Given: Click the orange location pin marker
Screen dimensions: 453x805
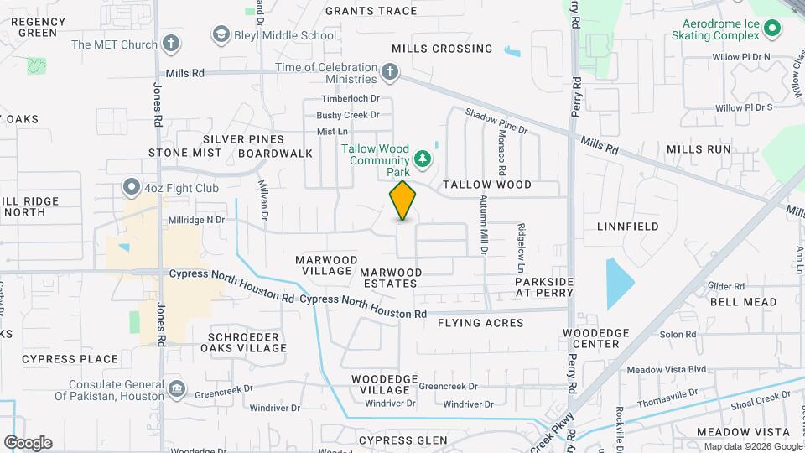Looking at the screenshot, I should pos(402,200).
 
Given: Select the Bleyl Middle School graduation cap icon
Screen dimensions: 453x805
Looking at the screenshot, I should pos(221,35).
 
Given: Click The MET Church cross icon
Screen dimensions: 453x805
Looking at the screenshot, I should pos(171,44).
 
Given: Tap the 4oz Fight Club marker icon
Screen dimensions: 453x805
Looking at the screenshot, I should pos(131,186).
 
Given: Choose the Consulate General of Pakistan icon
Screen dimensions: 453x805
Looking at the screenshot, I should pos(177,389).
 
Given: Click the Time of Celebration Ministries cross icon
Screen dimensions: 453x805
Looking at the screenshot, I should pos(390,72).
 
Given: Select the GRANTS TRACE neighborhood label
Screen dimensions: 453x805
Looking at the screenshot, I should pos(371,11).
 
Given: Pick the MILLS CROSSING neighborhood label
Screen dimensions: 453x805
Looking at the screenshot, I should pos(442,49).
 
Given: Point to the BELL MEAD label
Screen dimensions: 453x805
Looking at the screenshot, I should pos(743,302).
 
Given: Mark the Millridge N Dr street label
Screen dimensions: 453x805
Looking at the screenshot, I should pos(199,220).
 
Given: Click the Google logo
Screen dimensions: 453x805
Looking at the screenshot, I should pos(28,443).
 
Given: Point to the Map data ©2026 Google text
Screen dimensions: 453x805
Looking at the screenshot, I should pos(752,446).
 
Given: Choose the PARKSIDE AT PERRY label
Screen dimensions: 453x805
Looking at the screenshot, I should pos(544,286).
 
